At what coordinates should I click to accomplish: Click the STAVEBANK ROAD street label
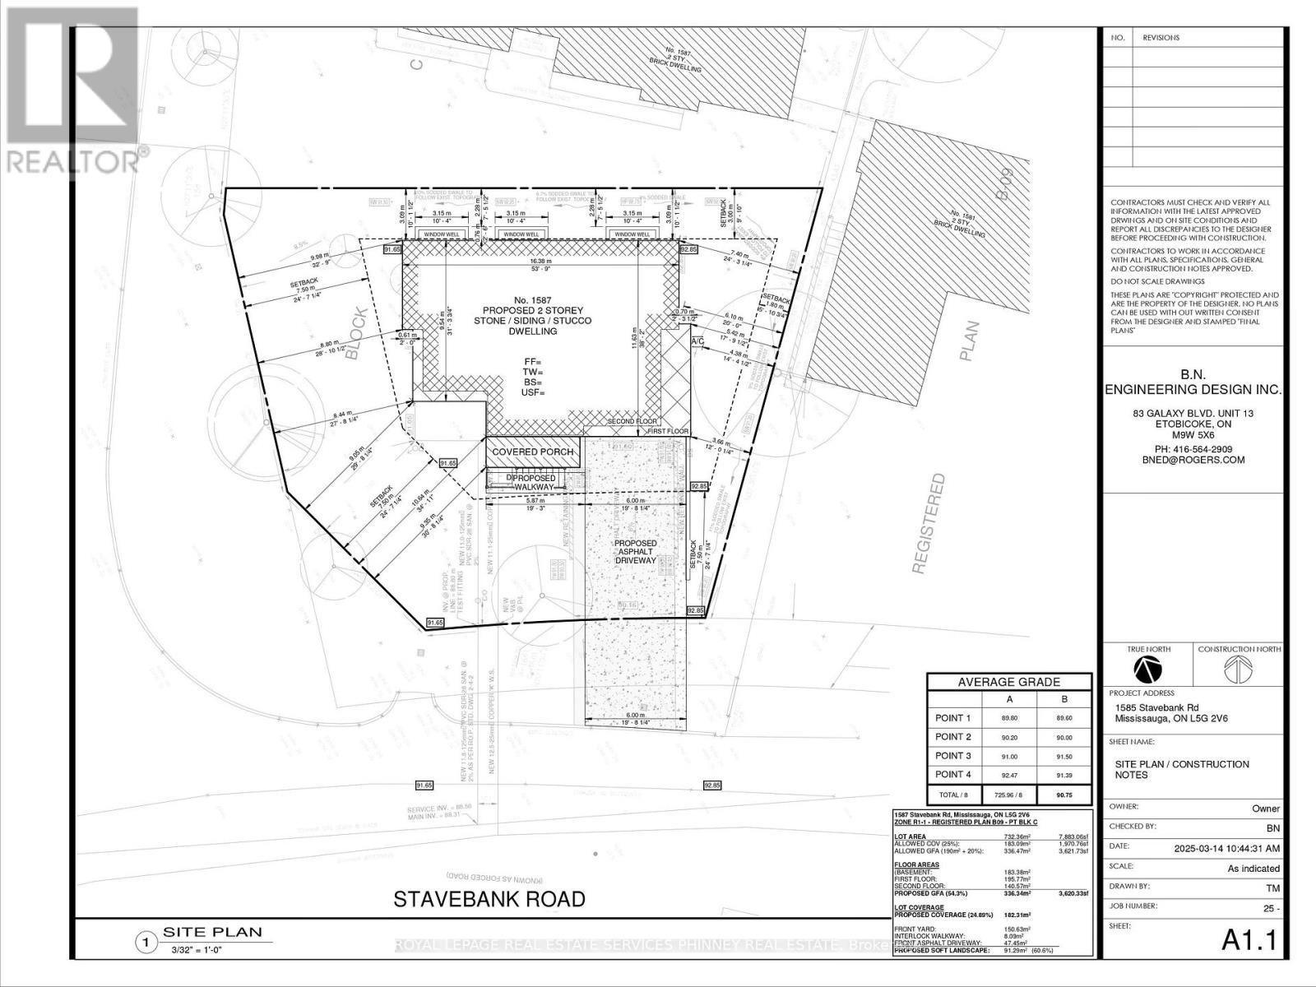tap(489, 899)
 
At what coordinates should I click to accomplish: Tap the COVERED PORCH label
tap(533, 452)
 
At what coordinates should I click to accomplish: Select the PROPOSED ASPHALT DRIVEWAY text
tap(636, 552)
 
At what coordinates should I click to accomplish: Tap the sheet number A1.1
tap(1249, 940)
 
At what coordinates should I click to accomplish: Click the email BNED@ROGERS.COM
tap(1193, 461)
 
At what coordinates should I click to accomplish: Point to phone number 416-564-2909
tap(1193, 449)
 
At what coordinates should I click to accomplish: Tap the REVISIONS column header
tap(1161, 38)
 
